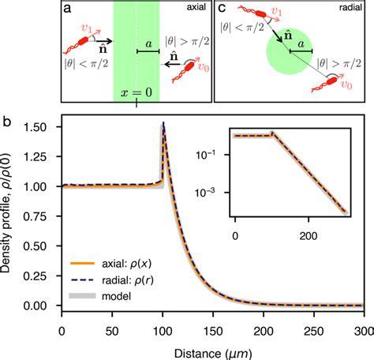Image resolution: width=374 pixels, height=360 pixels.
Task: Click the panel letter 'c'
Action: click(x=222, y=9)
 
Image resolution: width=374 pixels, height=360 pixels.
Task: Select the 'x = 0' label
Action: click(x=135, y=92)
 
